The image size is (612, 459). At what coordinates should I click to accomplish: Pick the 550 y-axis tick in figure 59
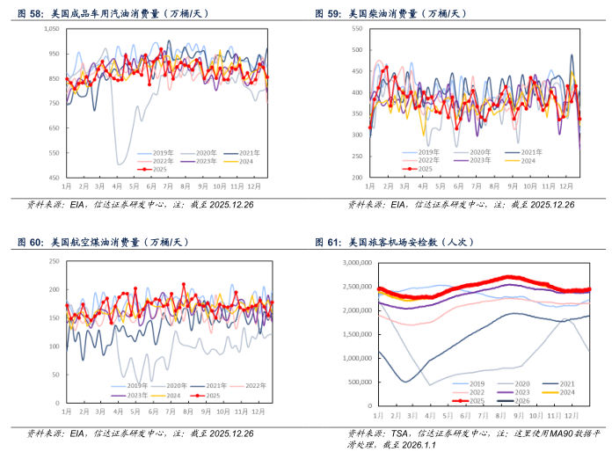tap(356, 28)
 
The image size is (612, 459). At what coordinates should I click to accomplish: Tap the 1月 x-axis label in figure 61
tap(379, 412)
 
